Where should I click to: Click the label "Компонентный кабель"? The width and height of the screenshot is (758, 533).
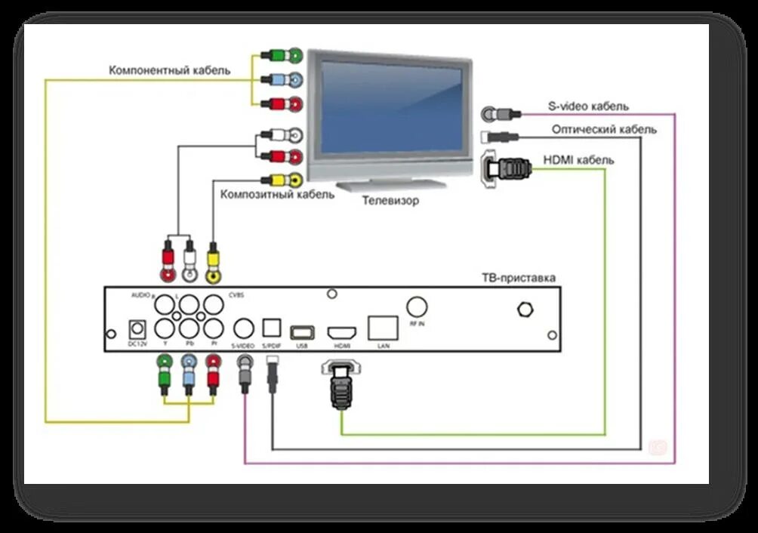pyautogui.click(x=169, y=70)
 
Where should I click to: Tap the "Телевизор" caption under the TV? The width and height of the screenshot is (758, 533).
pyautogui.click(x=390, y=201)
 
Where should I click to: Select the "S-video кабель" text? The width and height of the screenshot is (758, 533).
pyautogui.click(x=588, y=106)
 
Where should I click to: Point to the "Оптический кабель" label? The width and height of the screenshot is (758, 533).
pyautogui.click(x=603, y=129)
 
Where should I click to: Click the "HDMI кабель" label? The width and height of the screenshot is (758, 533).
pyautogui.click(x=578, y=160)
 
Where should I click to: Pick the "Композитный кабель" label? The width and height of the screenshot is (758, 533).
pyautogui.click(x=276, y=194)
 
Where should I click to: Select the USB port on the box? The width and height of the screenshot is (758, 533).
pyautogui.click(x=302, y=331)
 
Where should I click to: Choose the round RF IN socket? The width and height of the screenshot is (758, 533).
pyautogui.click(x=417, y=306)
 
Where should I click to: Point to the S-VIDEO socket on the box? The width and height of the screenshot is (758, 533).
pyautogui.click(x=243, y=328)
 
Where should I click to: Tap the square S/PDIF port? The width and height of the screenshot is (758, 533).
pyautogui.click(x=271, y=328)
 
